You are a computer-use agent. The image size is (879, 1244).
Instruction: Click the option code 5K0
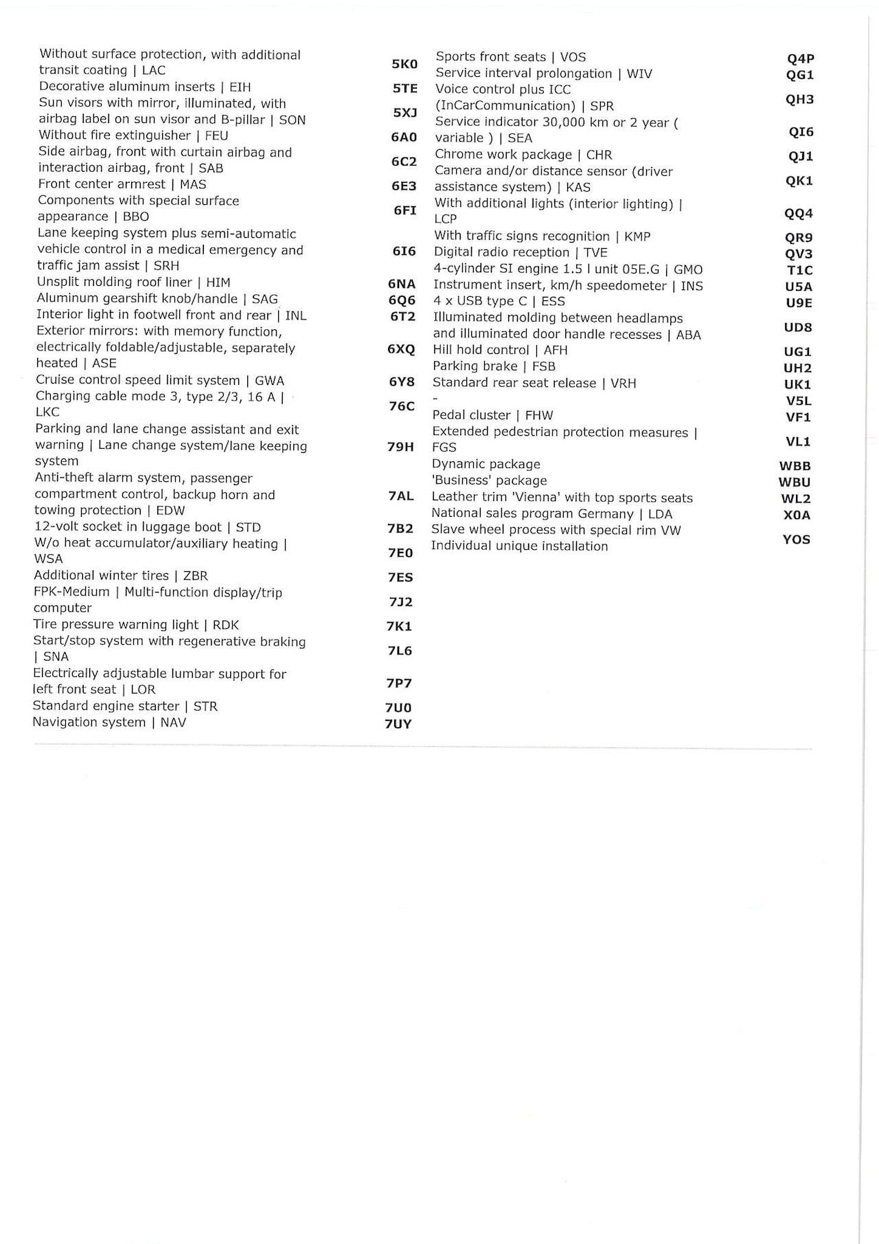[404, 64]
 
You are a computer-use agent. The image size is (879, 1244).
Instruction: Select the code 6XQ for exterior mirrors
[401, 349]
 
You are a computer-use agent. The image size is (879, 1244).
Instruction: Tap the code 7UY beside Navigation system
[398, 724]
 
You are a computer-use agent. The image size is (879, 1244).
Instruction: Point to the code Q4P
[801, 59]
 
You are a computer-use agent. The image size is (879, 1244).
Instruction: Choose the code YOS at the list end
[797, 540]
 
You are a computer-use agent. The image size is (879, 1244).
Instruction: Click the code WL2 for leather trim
[796, 499]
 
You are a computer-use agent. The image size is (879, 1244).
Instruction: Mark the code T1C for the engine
[800, 271]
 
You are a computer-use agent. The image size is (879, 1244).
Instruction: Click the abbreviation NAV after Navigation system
[173, 722]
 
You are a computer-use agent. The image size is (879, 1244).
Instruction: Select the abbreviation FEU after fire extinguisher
[216, 136]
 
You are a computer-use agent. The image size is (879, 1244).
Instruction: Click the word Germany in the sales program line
[606, 514]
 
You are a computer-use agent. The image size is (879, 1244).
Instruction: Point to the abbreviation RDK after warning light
[226, 625]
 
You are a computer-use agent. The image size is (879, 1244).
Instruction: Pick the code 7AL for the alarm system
[401, 496]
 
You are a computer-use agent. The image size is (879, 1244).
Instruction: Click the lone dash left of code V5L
[435, 399]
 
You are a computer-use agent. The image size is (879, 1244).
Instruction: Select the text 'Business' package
[490, 481]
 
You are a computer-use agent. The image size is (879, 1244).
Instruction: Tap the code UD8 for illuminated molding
[798, 327]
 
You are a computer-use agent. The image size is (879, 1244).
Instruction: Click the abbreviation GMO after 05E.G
[688, 269]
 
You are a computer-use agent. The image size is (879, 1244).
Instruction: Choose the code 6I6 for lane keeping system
[404, 252]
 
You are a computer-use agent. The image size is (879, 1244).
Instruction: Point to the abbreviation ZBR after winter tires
[195, 576]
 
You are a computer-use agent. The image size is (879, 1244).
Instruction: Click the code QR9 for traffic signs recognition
[799, 238]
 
